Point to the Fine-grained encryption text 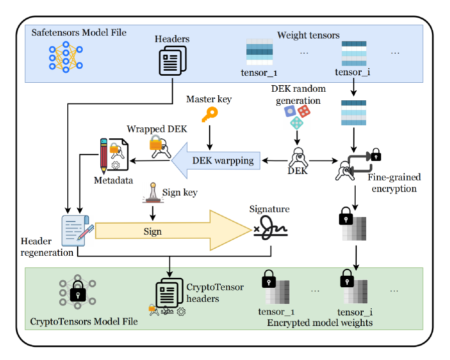[x=394, y=183]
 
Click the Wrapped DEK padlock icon [x=158, y=144]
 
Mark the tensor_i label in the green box [x=355, y=312]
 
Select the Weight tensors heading [x=308, y=35]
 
